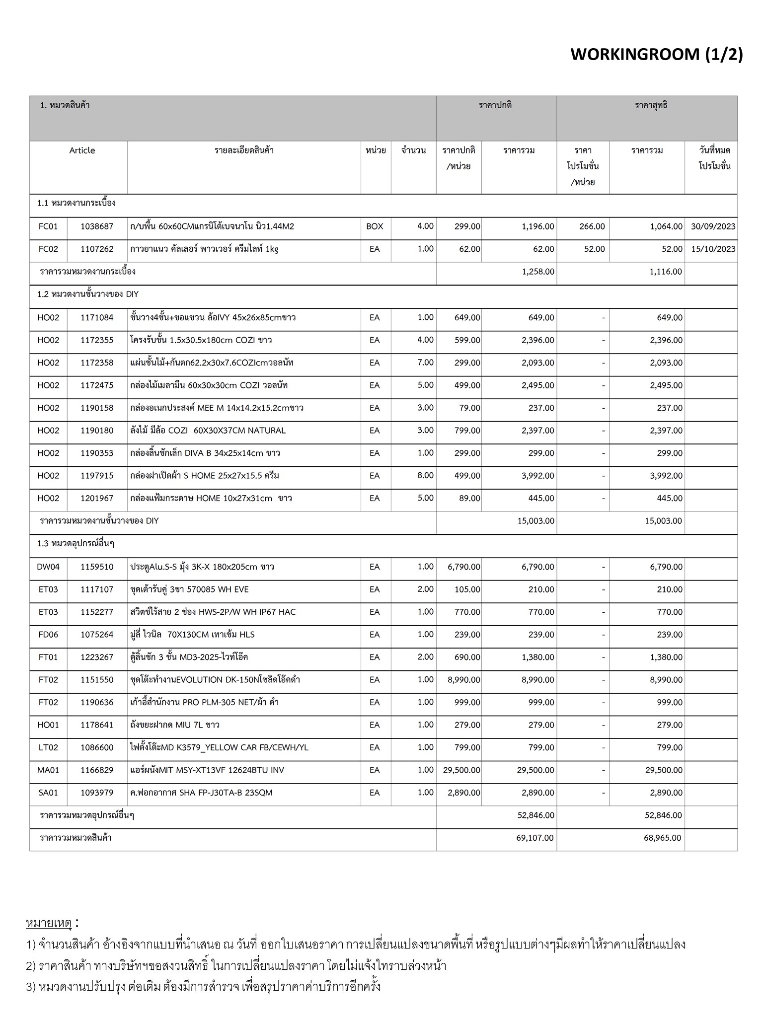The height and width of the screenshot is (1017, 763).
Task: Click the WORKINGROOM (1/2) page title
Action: (656, 54)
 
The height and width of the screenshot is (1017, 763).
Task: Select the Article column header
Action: (82, 150)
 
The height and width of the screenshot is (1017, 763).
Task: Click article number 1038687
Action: (97, 226)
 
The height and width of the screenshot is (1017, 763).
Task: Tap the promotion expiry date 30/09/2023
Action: (713, 226)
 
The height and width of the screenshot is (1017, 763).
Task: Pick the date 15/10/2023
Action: (713, 249)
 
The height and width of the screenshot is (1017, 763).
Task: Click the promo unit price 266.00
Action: (592, 226)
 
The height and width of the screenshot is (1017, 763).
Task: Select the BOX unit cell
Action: (375, 226)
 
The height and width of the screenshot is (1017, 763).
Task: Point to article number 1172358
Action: (97, 363)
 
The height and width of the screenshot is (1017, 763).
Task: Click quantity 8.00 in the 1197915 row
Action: (425, 475)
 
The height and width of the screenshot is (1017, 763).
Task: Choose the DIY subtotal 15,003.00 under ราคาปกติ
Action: (535, 521)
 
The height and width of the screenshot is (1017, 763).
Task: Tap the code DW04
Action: (48, 567)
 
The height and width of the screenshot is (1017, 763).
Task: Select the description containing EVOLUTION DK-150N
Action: (215, 679)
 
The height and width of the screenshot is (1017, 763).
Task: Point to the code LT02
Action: (48, 747)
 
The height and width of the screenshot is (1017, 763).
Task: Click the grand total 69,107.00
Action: (534, 838)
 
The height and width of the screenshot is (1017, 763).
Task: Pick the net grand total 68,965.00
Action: (663, 838)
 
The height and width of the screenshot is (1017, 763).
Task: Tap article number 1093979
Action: (97, 793)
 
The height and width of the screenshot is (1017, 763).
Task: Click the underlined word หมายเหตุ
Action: (49, 923)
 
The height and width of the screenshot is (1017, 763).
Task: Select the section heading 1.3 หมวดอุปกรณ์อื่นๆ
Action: (76, 544)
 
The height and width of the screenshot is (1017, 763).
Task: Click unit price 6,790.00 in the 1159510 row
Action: (463, 567)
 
